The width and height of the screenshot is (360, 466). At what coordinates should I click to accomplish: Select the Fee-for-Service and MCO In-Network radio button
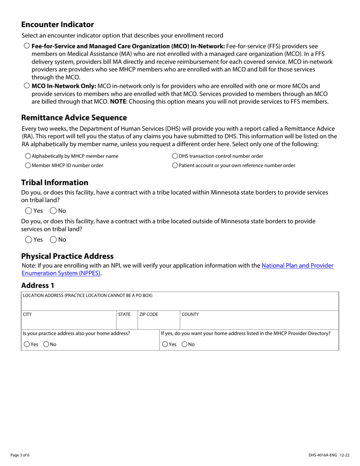coord(27,46)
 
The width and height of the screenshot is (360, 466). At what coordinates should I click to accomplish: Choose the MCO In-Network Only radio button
coord(27,86)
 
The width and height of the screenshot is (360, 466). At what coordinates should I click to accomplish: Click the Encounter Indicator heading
coord(58,25)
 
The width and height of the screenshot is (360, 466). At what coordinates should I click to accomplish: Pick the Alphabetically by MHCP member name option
coord(28,156)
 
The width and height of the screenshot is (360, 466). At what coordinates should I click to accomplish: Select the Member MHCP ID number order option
coord(28,166)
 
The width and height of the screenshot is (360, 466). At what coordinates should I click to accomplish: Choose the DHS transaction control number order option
coord(175,156)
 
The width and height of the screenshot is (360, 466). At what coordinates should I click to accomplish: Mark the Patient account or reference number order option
coord(175,166)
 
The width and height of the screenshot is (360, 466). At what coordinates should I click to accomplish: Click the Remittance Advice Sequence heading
coord(74,117)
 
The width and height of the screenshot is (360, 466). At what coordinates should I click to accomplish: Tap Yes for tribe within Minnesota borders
coord(29,211)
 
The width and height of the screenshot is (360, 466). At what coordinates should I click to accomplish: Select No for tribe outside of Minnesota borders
coord(53,239)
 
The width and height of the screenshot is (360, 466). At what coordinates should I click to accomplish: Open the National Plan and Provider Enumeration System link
coord(297,266)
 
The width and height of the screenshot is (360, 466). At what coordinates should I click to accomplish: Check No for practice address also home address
coord(46,344)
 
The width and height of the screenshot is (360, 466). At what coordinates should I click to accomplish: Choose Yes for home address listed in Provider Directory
coord(165,344)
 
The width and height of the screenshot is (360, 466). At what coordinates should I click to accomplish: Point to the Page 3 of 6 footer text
coord(20,455)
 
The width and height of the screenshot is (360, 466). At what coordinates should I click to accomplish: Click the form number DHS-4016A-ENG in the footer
coord(322,455)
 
